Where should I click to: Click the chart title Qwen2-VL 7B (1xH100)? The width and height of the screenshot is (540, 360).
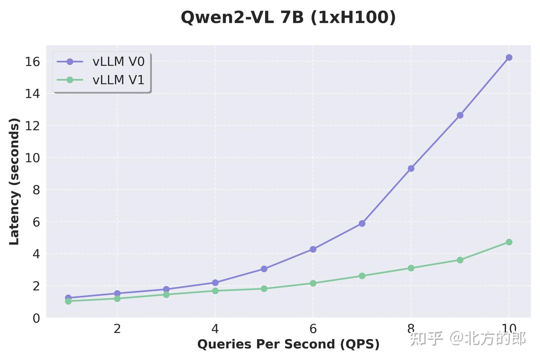click(x=288, y=18)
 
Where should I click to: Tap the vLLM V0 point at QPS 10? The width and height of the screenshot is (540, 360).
click(x=509, y=57)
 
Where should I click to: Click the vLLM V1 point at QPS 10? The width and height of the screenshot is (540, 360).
click(x=509, y=242)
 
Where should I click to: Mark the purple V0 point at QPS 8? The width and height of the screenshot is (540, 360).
click(x=411, y=168)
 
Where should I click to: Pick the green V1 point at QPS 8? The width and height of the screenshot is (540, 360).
click(x=411, y=268)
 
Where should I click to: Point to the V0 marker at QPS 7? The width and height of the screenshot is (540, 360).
click(x=362, y=223)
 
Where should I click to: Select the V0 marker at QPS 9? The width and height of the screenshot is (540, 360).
click(x=460, y=115)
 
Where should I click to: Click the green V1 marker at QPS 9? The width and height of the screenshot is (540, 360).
click(x=460, y=260)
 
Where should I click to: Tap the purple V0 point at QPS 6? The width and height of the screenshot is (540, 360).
click(x=313, y=249)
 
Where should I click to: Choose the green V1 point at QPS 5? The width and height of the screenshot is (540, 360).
click(x=264, y=289)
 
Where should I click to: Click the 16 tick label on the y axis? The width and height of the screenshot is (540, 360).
click(x=32, y=61)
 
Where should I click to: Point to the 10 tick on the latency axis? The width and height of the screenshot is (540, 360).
click(x=32, y=158)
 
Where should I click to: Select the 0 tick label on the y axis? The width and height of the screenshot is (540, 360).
click(x=36, y=318)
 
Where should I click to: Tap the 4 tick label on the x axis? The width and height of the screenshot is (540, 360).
click(x=215, y=329)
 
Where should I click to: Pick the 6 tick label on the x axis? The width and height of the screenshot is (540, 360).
click(x=313, y=329)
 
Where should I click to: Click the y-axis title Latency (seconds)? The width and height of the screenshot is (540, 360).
click(x=14, y=181)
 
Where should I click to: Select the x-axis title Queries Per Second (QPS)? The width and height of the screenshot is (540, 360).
click(x=288, y=344)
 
